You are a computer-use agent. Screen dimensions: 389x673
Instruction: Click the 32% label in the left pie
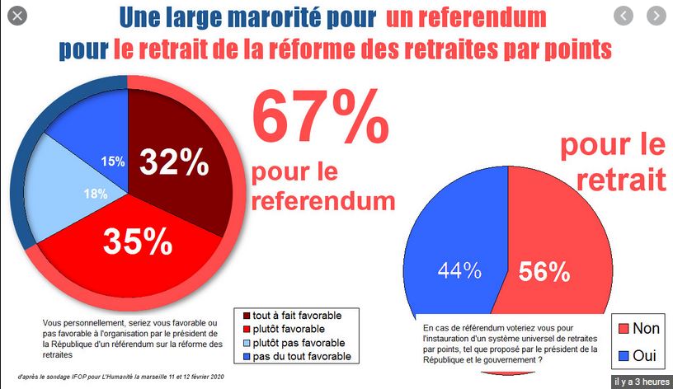[173, 162]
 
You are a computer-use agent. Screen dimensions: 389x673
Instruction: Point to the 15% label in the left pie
[113, 162]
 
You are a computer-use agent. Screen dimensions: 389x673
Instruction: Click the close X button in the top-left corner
[18, 15]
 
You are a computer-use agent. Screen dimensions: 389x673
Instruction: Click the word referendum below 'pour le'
[322, 200]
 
